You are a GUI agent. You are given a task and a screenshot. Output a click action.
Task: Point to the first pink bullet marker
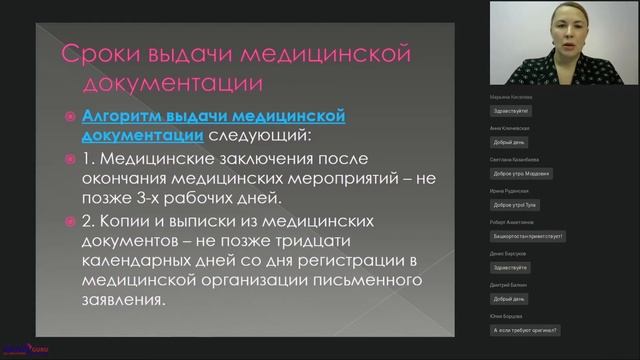click(x=69, y=117)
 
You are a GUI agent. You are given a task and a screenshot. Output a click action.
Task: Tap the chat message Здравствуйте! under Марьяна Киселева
click(x=516, y=110)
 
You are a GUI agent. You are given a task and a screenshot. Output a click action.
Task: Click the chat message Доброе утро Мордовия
click(x=522, y=173)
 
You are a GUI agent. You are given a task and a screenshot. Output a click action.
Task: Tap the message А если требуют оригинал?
click(x=525, y=330)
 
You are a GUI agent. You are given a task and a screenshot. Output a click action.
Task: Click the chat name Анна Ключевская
click(x=510, y=129)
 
